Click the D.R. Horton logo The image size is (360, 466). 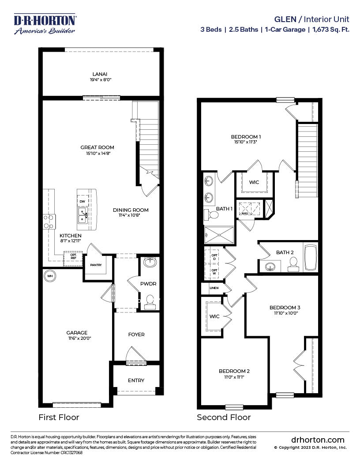pyautogui.click(x=45, y=24)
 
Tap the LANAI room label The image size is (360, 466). pyautogui.click(x=100, y=74)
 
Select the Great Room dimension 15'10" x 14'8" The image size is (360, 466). pyautogui.click(x=97, y=153)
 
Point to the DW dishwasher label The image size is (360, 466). pyautogui.click(x=82, y=202)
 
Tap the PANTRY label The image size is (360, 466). pyautogui.click(x=96, y=265)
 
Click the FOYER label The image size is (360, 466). pyautogui.click(x=136, y=334)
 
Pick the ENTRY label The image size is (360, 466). pyautogui.click(x=136, y=380)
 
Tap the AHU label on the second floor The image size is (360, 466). pyautogui.click(x=244, y=214)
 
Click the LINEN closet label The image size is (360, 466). pyautogui.click(x=214, y=288)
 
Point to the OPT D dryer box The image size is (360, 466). pyautogui.click(x=214, y=256)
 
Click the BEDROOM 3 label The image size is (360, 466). pyautogui.click(x=285, y=307)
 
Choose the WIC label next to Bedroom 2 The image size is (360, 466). pyautogui.click(x=214, y=316)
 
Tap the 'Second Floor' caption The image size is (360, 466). pyautogui.click(x=224, y=417)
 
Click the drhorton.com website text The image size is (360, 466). pyautogui.click(x=318, y=440)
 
